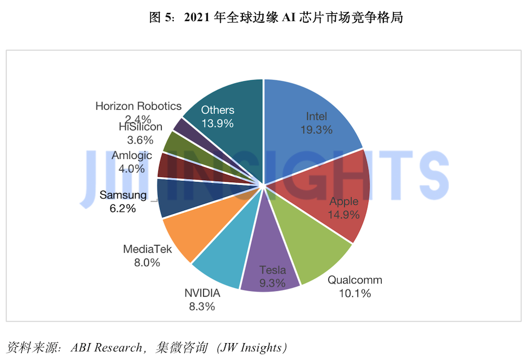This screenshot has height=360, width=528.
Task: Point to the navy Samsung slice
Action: [x=182, y=197]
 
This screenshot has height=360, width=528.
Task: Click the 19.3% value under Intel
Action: [x=316, y=130]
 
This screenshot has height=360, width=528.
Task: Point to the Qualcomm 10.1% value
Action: [x=355, y=293]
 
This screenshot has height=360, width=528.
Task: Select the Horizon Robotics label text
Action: [x=138, y=106]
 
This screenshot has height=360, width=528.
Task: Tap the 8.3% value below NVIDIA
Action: [x=202, y=307]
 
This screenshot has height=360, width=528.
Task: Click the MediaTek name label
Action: [x=147, y=249]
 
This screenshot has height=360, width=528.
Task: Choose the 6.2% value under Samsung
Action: [x=123, y=209]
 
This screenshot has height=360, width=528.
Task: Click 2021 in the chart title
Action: [x=197, y=17]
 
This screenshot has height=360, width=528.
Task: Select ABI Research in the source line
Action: [x=107, y=347]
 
